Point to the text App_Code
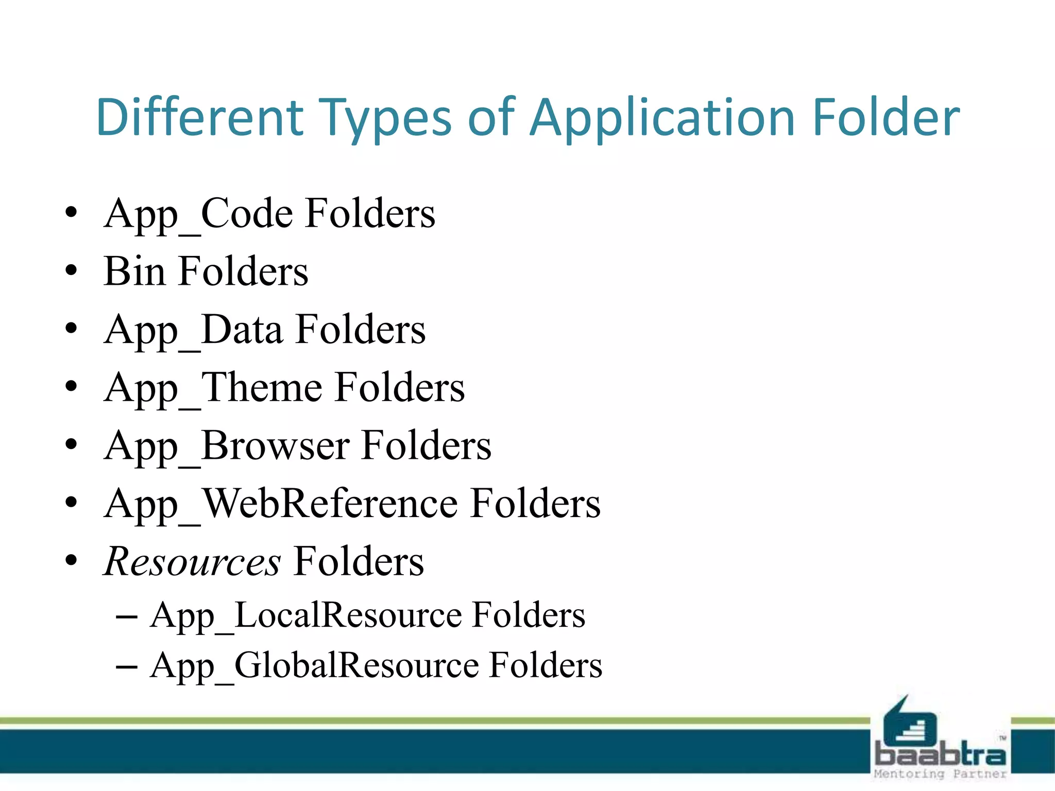pos(199,214)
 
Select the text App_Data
pos(193,330)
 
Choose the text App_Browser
pos(226,446)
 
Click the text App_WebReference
pos(281,504)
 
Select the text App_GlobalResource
pos(314,665)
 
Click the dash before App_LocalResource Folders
pos(127,616)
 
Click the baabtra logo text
pos(941,755)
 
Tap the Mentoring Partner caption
pos(940,774)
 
